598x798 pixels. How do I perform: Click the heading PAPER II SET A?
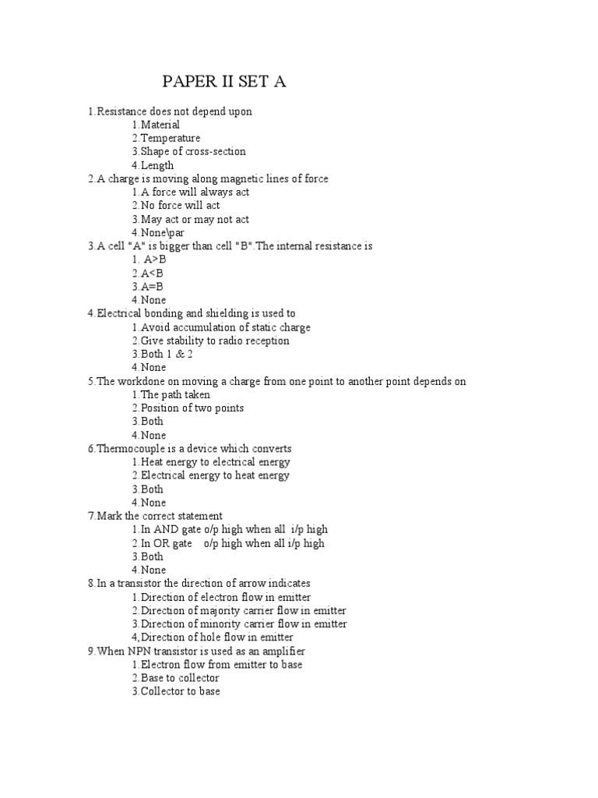point(224,82)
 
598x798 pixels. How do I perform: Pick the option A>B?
point(149,260)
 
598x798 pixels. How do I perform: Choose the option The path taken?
point(171,394)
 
